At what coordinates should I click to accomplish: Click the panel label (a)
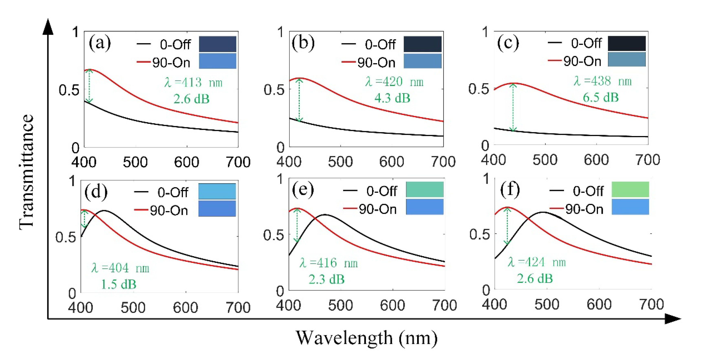pyautogui.click(x=100, y=43)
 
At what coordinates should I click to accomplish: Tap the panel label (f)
pyautogui.click(x=510, y=190)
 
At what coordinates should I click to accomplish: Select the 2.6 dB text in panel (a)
pyautogui.click(x=191, y=99)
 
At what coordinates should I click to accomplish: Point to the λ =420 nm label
pyautogui.click(x=394, y=82)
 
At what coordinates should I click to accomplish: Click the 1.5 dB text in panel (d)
pyautogui.click(x=119, y=285)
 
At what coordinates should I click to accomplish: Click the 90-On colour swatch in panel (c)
pyautogui.click(x=627, y=59)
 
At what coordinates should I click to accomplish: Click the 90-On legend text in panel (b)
pyautogui.click(x=376, y=63)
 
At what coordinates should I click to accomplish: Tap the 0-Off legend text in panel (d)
pyautogui.click(x=173, y=193)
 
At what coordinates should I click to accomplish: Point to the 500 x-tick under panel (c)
pyautogui.click(x=545, y=160)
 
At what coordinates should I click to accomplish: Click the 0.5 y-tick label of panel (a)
pyautogui.click(x=69, y=90)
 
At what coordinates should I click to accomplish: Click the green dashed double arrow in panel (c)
pyautogui.click(x=513, y=107)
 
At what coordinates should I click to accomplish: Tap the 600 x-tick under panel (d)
pyautogui.click(x=185, y=308)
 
